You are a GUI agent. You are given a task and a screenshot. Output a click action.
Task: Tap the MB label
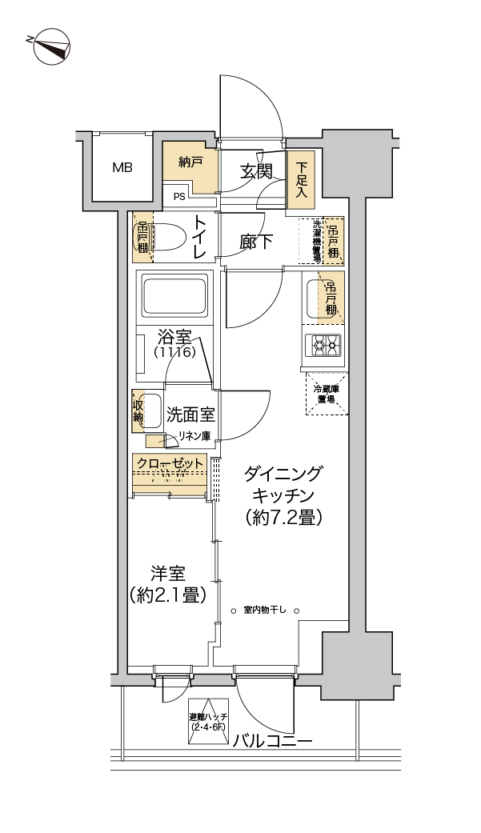(x=122, y=168)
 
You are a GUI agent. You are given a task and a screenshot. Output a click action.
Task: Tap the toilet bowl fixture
(x=169, y=237)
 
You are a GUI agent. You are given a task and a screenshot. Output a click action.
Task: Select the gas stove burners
(x=323, y=346)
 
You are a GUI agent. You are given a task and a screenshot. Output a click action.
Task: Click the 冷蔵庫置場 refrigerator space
(x=326, y=394)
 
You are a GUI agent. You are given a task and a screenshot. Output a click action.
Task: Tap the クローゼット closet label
(x=169, y=463)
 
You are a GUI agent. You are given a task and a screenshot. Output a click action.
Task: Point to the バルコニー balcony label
(x=273, y=740)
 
